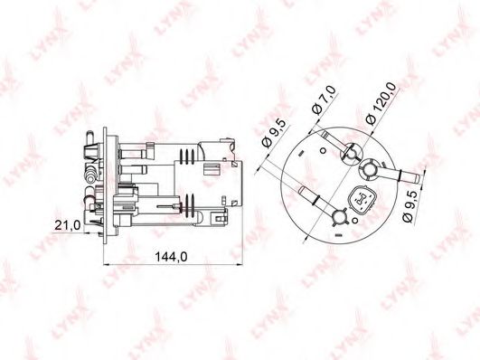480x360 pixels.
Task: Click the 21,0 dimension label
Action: click(68, 225)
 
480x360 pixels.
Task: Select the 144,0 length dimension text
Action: click(171, 257)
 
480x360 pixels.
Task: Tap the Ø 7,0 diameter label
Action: click(324, 100)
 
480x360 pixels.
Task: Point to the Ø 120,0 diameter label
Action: click(381, 103)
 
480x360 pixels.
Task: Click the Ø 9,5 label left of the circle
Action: click(274, 134)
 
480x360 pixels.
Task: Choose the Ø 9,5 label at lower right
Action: click(411, 206)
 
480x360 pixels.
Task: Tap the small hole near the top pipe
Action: click(323, 150)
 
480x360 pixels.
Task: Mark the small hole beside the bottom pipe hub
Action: click(354, 220)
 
